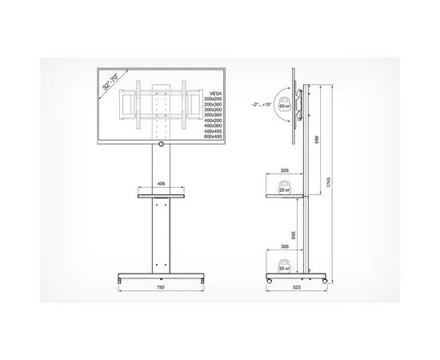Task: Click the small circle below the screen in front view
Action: point(161,145)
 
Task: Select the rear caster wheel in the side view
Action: point(323,282)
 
